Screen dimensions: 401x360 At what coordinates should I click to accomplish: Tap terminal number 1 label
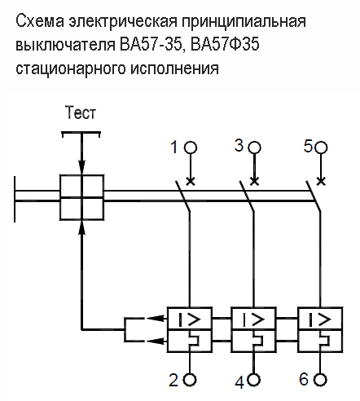click(x=173, y=148)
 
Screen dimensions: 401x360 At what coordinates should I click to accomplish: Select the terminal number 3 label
click(x=239, y=145)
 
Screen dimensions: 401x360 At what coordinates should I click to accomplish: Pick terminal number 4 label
click(x=239, y=380)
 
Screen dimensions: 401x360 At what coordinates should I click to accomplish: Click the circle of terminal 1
click(x=190, y=148)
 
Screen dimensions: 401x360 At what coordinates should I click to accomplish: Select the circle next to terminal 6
click(x=321, y=379)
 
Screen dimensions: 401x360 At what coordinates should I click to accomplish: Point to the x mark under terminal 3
click(x=254, y=179)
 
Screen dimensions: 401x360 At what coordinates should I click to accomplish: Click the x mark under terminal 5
click(x=321, y=179)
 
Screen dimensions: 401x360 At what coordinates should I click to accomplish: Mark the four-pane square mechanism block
click(x=81, y=196)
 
